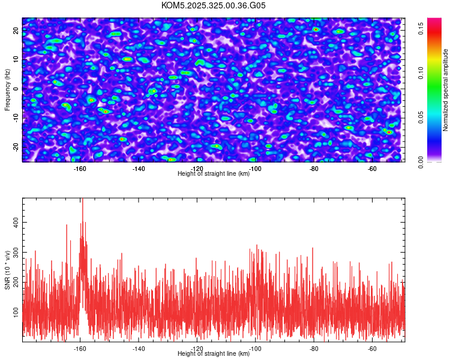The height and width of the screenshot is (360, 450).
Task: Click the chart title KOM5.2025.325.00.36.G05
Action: pyautogui.click(x=214, y=5)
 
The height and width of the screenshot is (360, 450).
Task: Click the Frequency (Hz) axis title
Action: pyautogui.click(x=7, y=89)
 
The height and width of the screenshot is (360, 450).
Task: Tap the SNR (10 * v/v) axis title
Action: pyautogui.click(x=7, y=270)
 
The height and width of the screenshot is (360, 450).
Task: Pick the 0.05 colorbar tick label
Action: pyautogui.click(x=421, y=117)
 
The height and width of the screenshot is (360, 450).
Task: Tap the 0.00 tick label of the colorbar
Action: pyautogui.click(x=421, y=162)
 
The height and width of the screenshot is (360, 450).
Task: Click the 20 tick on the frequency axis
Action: pyautogui.click(x=16, y=29)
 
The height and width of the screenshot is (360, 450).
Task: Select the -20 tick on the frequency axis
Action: pyautogui.click(x=16, y=147)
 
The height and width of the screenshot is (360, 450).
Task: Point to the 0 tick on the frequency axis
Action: pyautogui.click(x=16, y=88)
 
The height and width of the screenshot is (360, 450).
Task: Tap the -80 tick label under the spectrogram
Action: pyautogui.click(x=313, y=169)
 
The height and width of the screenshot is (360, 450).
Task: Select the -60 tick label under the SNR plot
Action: pyautogui.click(x=371, y=348)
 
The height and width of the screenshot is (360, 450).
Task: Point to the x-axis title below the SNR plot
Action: pyautogui.click(x=214, y=354)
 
